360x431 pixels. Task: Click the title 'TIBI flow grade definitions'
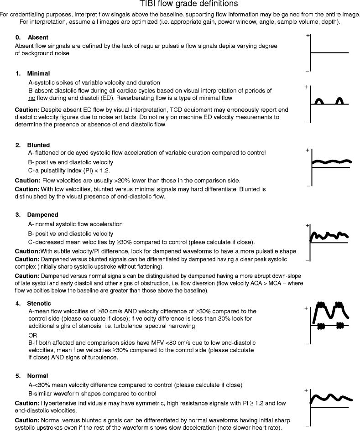point(180,4)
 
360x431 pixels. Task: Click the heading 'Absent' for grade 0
point(38,37)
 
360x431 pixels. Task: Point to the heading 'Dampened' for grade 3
point(42,214)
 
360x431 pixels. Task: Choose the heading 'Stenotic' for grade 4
point(39,303)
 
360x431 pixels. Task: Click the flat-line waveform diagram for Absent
point(330,53)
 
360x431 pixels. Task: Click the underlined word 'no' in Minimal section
point(32,98)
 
